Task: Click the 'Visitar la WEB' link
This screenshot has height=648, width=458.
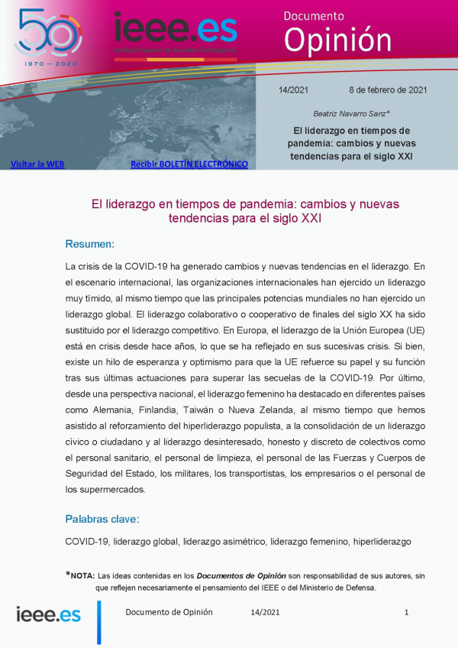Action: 37,164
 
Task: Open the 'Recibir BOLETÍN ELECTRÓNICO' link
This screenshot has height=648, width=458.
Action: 189,164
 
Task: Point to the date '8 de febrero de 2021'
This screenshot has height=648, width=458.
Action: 388,89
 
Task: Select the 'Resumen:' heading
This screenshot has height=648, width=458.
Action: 89,244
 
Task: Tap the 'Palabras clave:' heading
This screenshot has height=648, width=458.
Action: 102,519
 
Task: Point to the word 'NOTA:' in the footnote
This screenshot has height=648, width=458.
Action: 82,575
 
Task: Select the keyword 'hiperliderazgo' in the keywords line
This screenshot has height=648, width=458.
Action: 382,541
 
